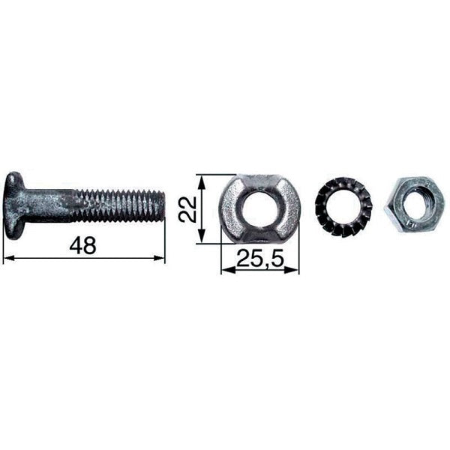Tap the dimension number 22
point(187,209)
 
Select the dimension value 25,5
point(260,258)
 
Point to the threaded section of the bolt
point(117,205)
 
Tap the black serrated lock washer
point(343,207)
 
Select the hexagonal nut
point(414,205)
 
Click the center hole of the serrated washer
point(343,206)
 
